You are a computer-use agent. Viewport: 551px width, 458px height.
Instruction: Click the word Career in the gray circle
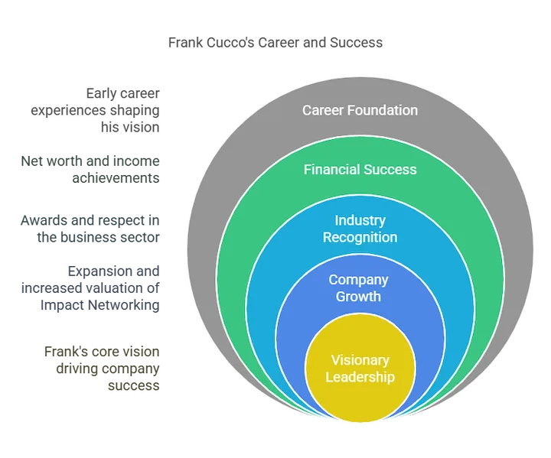[322, 110]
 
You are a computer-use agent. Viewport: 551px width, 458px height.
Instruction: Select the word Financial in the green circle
[331, 169]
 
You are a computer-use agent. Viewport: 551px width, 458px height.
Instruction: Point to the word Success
[390, 169]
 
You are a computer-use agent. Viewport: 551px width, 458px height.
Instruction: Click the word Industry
[360, 221]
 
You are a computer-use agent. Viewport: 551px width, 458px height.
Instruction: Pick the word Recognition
[360, 237]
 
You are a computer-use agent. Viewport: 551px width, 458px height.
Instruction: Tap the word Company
[359, 280]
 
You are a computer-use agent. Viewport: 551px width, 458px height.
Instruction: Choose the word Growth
[359, 296]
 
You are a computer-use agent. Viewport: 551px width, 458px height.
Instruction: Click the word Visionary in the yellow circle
[360, 360]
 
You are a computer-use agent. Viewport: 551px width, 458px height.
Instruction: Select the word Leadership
[360, 376]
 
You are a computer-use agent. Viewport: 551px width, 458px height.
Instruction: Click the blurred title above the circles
[275, 42]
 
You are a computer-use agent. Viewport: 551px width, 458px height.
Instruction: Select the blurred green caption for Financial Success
[91, 168]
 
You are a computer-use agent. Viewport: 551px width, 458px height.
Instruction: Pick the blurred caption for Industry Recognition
[91, 228]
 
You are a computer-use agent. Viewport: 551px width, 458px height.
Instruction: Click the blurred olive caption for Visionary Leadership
[103, 369]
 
